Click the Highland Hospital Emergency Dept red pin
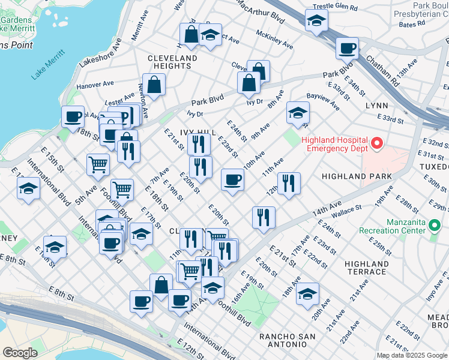[377, 143]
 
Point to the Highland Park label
[357, 176]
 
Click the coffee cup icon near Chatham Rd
[346, 47]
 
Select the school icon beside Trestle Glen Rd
[316, 22]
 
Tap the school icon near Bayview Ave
[298, 112]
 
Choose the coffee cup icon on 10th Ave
[232, 179]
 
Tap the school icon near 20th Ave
[307, 294]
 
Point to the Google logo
[20, 353]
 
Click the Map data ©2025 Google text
[412, 355]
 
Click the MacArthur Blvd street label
[261, 11]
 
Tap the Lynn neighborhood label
[376, 105]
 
